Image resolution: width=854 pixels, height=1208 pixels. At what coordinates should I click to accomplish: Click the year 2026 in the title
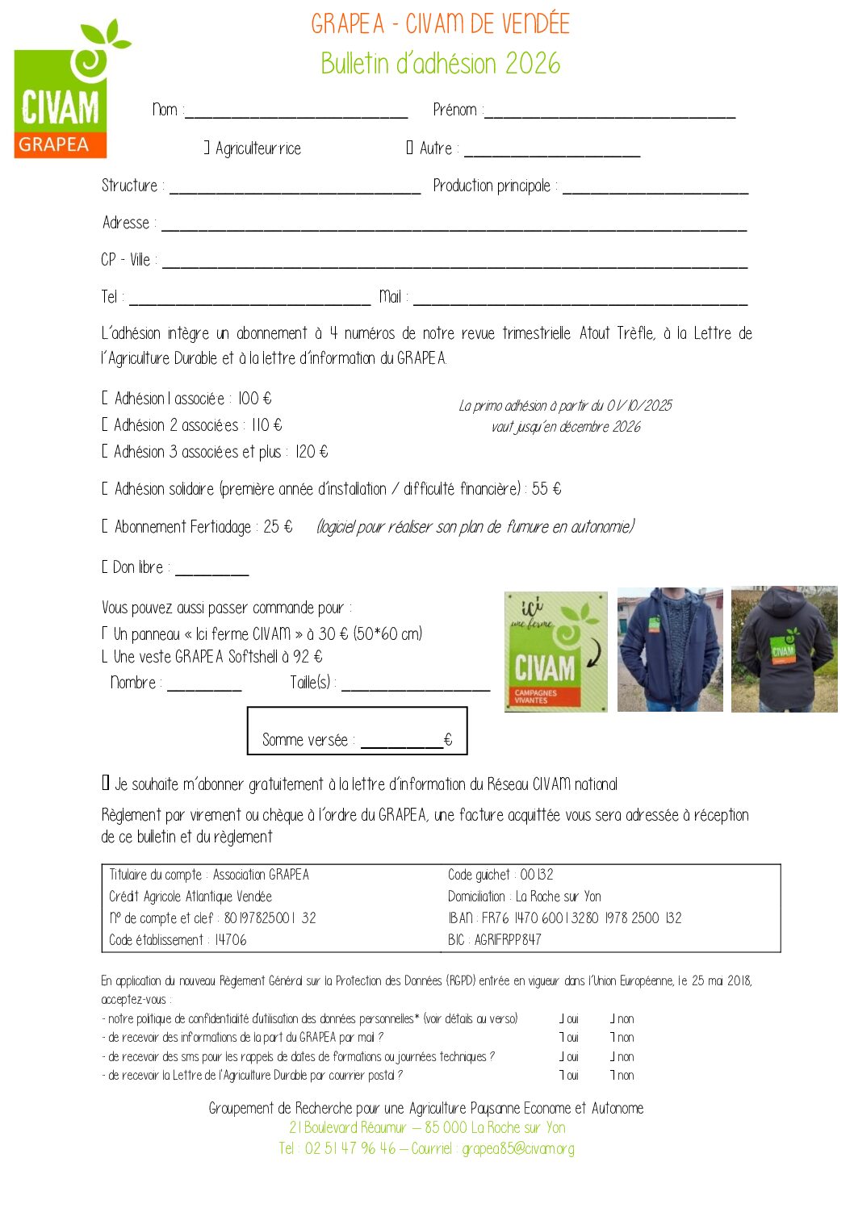532,63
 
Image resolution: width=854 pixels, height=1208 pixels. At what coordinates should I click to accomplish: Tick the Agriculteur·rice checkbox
207,148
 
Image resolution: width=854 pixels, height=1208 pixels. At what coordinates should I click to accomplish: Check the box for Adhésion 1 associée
105,399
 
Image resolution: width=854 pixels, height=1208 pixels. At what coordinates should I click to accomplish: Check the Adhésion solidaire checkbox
105,489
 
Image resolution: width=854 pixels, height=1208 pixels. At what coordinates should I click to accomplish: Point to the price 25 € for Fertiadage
278,527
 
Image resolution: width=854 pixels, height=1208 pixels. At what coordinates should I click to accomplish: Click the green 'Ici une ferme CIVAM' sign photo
555,651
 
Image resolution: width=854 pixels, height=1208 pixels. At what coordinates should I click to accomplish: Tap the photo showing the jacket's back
784,650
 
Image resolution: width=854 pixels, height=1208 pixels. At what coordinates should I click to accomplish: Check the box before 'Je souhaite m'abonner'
106,783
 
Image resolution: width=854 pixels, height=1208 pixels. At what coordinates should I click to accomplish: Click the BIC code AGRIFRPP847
508,940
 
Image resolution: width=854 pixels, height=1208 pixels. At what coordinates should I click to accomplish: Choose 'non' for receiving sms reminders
613,1057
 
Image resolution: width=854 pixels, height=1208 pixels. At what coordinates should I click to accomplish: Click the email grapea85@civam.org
517,1148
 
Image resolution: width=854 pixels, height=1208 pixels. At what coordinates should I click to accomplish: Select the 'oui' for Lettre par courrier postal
563,1076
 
